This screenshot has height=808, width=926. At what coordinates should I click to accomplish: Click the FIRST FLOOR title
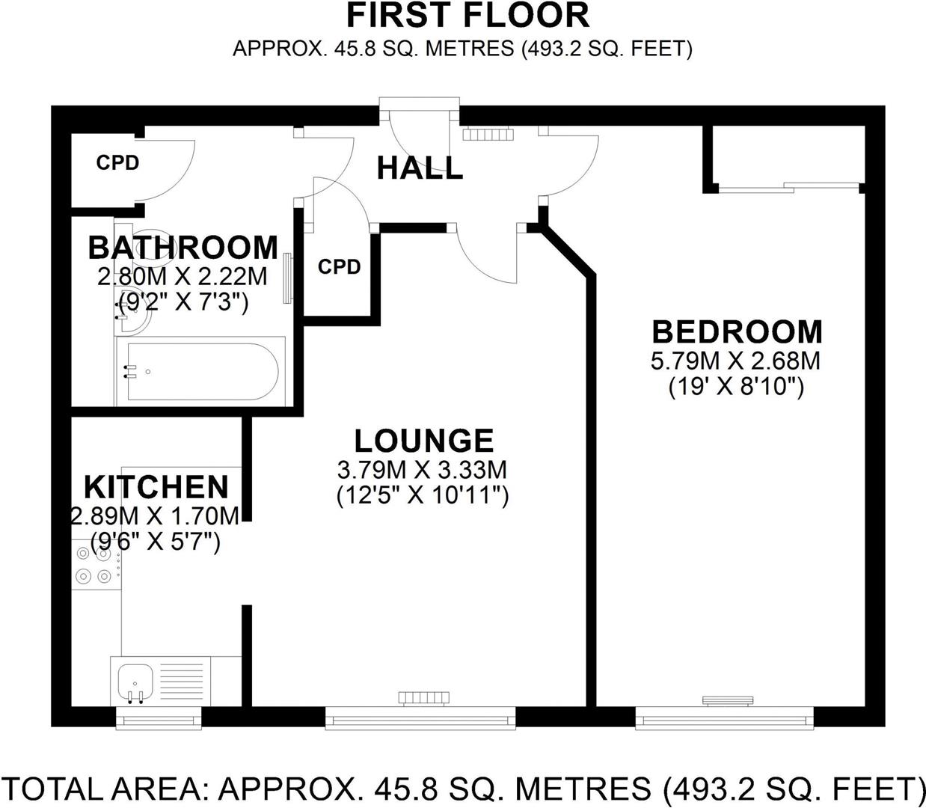(x=467, y=16)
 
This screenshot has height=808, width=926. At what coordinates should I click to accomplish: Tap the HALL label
(x=420, y=168)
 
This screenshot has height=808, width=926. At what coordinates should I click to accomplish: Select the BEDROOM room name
(x=737, y=331)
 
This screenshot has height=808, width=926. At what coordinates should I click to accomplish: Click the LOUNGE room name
(x=423, y=441)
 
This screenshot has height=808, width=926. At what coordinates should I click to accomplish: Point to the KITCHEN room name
(x=156, y=487)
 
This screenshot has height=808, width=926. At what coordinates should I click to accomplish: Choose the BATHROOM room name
(x=183, y=248)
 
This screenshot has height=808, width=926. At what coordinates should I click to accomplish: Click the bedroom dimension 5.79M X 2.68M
(x=735, y=361)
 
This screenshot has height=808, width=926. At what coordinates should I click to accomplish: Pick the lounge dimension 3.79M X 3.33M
(x=423, y=471)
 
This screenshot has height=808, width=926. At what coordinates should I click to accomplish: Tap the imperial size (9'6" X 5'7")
(x=156, y=541)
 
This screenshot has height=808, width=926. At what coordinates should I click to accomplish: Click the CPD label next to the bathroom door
(x=117, y=162)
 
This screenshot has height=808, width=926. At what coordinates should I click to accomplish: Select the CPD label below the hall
(x=339, y=267)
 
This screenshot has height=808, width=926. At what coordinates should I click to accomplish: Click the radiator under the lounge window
(x=424, y=698)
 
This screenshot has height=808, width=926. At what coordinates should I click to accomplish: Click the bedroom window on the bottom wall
(x=724, y=720)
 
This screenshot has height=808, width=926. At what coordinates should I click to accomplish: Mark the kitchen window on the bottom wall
(x=159, y=720)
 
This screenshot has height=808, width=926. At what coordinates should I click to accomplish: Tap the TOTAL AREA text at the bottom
(x=463, y=789)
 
